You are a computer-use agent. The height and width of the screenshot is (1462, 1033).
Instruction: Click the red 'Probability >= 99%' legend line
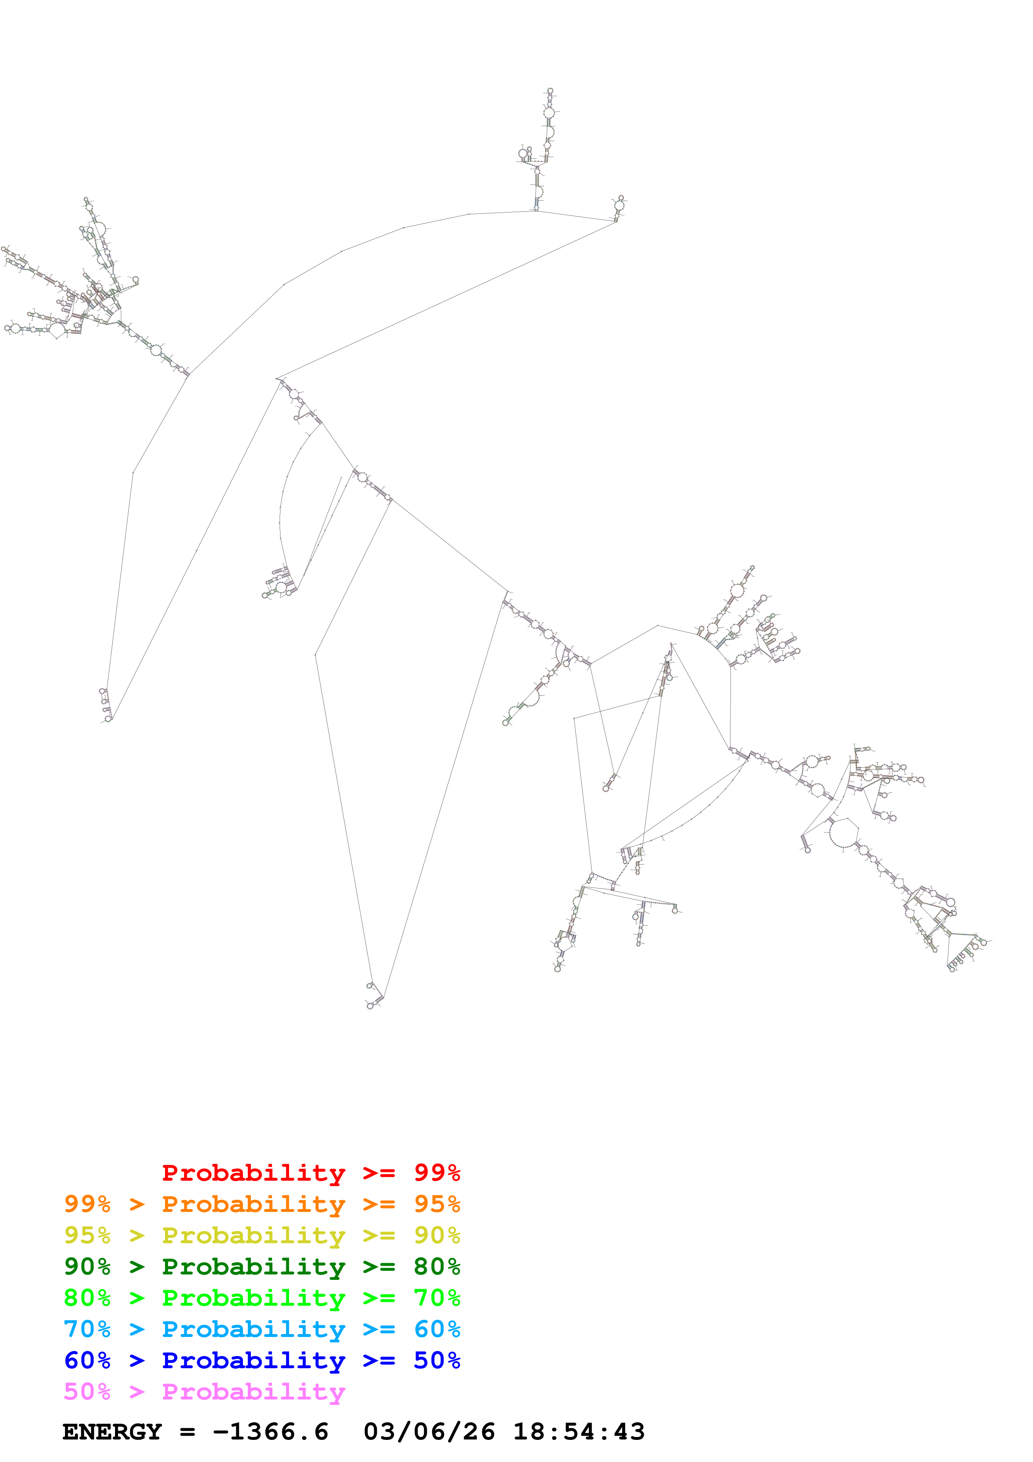310,1173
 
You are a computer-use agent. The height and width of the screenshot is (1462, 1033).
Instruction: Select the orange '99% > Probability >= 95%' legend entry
262,1204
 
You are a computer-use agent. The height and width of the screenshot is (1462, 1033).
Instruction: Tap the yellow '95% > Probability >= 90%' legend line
262,1235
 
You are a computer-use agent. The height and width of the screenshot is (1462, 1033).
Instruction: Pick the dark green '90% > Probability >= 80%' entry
262,1267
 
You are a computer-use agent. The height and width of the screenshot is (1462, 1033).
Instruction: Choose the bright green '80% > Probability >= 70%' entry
262,1298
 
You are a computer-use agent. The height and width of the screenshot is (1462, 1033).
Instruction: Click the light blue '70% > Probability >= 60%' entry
262,1329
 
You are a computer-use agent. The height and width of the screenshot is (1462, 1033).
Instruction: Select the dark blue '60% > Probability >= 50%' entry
262,1360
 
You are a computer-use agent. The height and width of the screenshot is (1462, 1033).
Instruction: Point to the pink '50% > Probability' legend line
204,1391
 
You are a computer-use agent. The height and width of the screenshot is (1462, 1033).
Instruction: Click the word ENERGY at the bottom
112,1432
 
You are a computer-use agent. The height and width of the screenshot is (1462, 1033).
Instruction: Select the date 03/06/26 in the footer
429,1432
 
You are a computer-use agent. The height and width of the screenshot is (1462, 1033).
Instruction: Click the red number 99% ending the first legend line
437,1173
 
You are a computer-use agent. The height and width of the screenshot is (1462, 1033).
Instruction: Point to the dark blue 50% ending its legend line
437,1360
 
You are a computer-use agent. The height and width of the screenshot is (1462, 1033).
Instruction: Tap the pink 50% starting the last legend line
87,1391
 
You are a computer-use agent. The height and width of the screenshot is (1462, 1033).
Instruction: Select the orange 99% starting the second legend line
87,1204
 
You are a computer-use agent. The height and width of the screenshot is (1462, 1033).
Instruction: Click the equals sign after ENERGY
187,1432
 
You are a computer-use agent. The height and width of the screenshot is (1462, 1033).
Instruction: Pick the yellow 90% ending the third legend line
437,1235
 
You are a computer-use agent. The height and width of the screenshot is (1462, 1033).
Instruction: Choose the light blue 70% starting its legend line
87,1329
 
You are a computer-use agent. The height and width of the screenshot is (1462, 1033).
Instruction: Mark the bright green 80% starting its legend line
87,1298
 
